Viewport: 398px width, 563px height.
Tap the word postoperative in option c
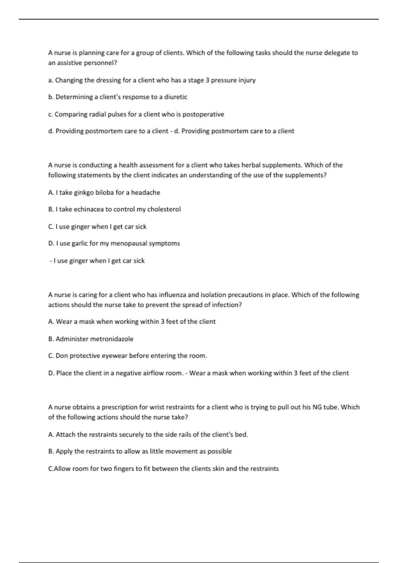[203, 114]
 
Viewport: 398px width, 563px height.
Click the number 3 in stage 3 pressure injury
[208, 80]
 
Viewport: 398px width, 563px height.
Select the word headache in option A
[145, 192]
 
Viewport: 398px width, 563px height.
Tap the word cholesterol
[164, 209]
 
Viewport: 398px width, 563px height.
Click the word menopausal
[129, 243]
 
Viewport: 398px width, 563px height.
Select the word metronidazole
[112, 339]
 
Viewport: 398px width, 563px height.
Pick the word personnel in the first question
[99, 63]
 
